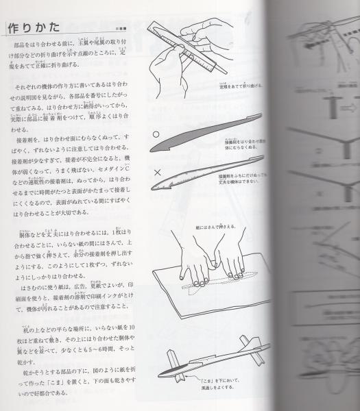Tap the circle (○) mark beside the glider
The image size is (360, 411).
[156, 135]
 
